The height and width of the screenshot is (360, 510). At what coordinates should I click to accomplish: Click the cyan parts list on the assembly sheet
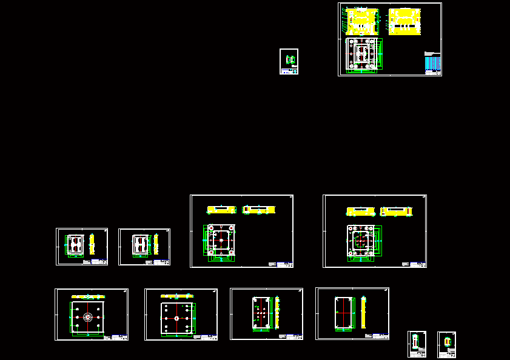432,62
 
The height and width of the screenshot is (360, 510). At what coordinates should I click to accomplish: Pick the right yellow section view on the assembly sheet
404,21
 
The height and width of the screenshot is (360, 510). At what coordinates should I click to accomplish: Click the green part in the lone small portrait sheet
290,59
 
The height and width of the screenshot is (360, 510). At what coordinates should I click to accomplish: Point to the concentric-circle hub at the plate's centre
88,317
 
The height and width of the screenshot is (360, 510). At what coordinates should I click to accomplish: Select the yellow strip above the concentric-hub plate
88,296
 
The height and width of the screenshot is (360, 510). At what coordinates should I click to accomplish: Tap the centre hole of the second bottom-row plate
176,318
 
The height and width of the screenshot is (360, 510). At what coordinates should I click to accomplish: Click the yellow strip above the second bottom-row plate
176,296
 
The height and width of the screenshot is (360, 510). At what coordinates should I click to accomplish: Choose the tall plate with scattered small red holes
261,313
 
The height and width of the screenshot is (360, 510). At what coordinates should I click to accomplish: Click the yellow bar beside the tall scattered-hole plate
277,312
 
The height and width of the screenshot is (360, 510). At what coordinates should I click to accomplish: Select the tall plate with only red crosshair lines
344,313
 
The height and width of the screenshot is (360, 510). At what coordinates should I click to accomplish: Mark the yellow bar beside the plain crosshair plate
363,313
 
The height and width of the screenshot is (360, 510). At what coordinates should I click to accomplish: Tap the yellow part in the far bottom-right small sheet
448,342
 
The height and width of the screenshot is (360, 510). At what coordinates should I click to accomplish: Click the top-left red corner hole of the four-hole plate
210,228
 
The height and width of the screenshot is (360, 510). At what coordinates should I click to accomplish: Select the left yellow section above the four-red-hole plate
221,210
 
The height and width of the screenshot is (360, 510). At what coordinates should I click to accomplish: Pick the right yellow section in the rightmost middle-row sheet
396,212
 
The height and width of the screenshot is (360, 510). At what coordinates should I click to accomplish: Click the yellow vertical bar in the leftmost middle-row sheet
92,244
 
